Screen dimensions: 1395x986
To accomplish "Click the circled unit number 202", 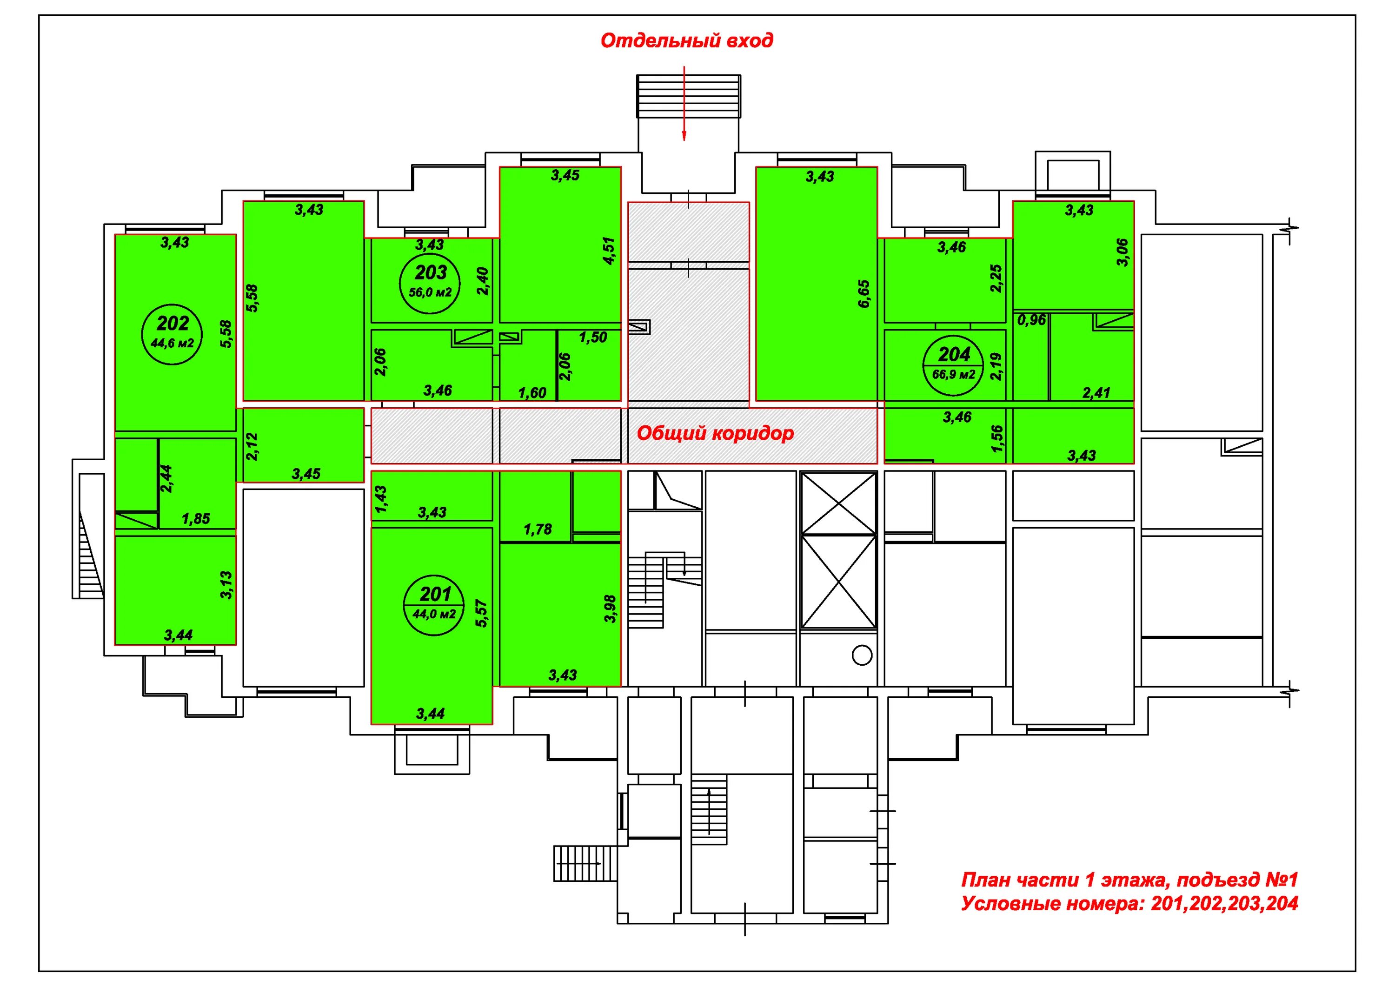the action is [173, 323].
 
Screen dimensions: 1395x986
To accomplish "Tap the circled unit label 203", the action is [431, 272].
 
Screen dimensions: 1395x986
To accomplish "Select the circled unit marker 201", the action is [435, 594].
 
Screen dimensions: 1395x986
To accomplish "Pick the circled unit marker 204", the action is [954, 354].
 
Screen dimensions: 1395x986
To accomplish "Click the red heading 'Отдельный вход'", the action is [686, 41].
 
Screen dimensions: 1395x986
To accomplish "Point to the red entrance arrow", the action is [684, 103].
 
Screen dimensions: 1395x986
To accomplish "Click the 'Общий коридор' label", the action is [715, 433].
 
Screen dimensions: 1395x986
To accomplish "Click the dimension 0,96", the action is [1032, 319].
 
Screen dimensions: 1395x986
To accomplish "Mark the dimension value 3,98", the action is [610, 608].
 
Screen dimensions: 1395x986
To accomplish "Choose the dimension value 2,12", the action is [252, 447].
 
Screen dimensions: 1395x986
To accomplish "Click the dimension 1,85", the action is [196, 519].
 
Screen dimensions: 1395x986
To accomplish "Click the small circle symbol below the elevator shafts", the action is [862, 655].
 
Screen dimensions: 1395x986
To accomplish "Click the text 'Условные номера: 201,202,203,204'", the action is [1129, 903].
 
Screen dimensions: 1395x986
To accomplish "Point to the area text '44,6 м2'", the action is [173, 343].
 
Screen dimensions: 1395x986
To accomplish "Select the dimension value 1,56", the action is [996, 439].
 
